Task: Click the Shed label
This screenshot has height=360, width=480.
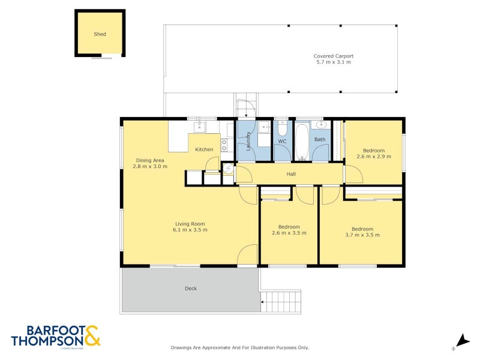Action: [x=100, y=34]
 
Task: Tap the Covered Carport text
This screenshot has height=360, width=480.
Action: [x=333, y=56]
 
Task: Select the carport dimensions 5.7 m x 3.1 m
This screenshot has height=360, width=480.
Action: [x=333, y=62]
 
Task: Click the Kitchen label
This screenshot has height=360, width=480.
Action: [x=204, y=149]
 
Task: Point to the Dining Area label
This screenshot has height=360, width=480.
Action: [x=150, y=160]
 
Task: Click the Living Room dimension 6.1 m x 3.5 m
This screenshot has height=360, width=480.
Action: [x=190, y=230]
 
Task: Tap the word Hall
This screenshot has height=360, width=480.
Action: [x=291, y=174]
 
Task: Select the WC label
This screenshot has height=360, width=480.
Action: [x=282, y=142]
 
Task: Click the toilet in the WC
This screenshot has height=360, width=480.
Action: [x=283, y=128]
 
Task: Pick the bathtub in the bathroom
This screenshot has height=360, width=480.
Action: [x=301, y=142]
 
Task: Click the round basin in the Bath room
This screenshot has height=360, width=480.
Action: [x=320, y=125]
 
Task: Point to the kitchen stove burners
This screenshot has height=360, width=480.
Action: [x=224, y=145]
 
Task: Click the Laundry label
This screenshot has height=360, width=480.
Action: [x=248, y=142]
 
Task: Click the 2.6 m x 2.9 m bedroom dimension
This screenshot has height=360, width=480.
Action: [x=373, y=157]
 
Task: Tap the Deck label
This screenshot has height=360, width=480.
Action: [x=191, y=289]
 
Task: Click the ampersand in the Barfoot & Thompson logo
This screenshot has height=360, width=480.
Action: [x=92, y=335]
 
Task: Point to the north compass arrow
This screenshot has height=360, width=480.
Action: [x=461, y=340]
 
